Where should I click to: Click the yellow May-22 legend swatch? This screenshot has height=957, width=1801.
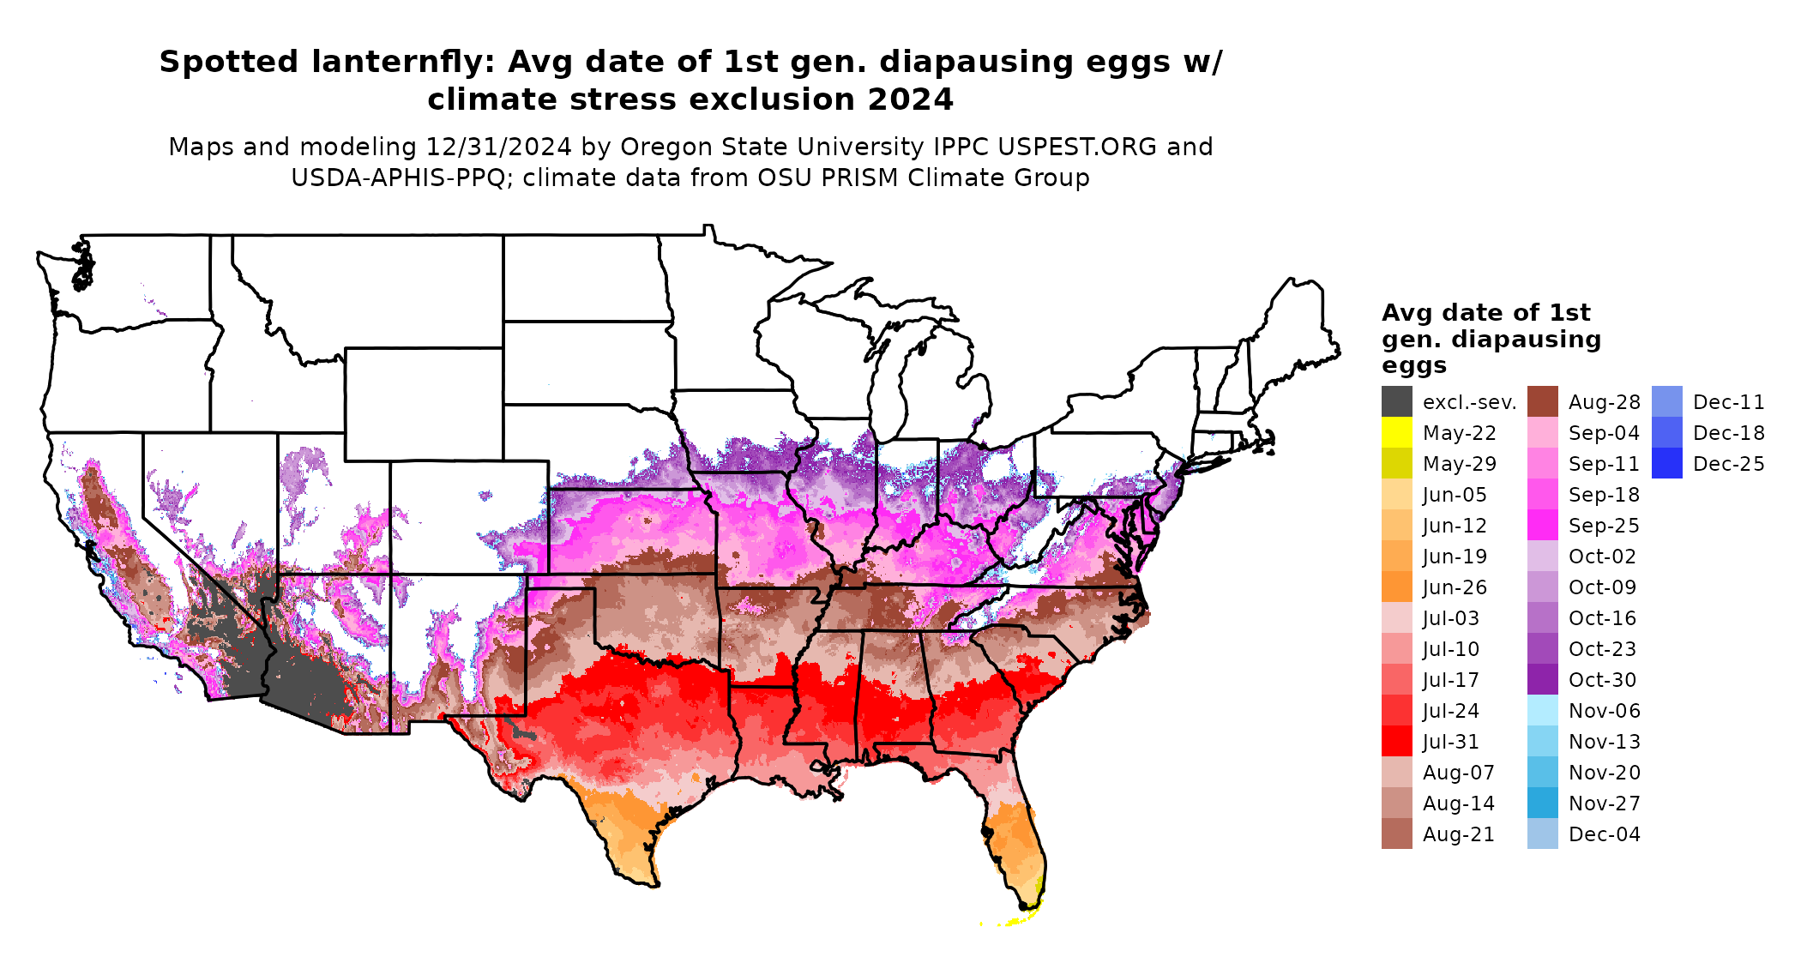(x=1396, y=433)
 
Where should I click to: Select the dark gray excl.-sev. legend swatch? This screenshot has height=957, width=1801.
(x=1396, y=402)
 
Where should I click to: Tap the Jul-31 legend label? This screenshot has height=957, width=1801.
(x=1450, y=742)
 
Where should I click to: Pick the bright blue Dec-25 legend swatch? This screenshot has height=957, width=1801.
(x=1666, y=464)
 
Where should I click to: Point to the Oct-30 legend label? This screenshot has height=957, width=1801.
(x=1602, y=680)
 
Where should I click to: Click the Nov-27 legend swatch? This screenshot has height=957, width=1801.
(x=1542, y=804)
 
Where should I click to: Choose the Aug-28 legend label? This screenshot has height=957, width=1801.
(x=1604, y=402)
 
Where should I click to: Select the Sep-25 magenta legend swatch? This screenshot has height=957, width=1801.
(x=1542, y=526)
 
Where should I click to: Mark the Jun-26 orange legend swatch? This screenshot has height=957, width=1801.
(x=1396, y=587)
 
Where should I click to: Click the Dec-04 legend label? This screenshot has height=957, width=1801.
(x=1604, y=834)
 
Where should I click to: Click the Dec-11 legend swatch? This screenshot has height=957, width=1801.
(x=1666, y=402)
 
